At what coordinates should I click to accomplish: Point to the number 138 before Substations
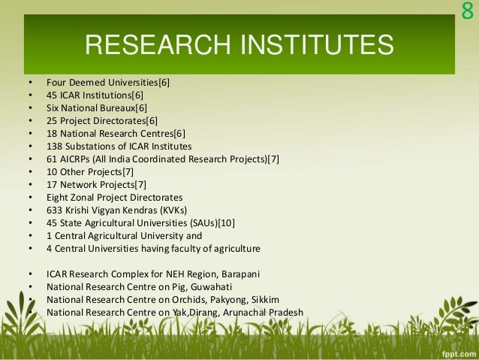[x=54, y=146]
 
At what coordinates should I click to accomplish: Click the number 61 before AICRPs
[x=52, y=159]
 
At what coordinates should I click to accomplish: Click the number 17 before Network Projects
[x=52, y=184]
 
